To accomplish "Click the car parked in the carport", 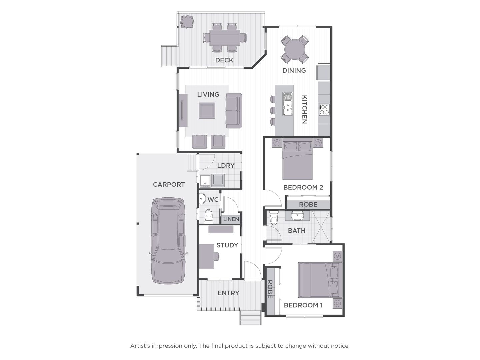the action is coord(168,241).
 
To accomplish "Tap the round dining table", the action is coord(295,49).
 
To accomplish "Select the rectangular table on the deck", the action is coord(225,38).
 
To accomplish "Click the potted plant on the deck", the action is coord(187,21).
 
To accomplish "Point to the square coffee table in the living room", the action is coord(207,111).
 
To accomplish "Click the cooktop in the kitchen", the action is coord(324,110).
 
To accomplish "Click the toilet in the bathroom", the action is coord(273,217).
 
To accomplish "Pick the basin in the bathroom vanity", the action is coord(297,215).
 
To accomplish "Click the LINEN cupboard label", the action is coord(231,219).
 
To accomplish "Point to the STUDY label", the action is coord(227,245).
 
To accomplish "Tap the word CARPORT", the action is coord(169,184).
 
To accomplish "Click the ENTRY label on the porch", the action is coord(228,293).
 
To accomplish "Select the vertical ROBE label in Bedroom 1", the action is coord(270,289).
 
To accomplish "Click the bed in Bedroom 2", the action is coord(297,159).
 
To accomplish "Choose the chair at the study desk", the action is coord(216,256).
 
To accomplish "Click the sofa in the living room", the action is coord(234,111).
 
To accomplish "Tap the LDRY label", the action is coord(226,165).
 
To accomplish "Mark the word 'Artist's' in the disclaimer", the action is coord(140,346).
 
